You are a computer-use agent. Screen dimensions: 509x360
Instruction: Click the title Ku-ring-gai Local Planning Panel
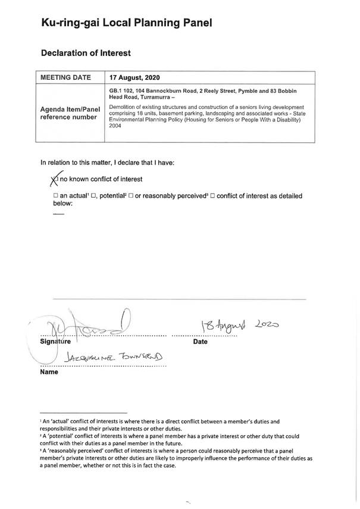click(126, 23)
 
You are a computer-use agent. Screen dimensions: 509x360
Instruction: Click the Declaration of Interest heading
click(86, 54)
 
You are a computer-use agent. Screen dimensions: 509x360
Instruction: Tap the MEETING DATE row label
click(65, 77)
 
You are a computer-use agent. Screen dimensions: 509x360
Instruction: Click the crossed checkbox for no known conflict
click(55, 178)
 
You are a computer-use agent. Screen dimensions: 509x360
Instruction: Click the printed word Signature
click(55, 342)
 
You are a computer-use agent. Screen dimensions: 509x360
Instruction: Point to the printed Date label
click(201, 342)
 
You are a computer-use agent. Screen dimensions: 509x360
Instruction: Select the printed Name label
click(49, 372)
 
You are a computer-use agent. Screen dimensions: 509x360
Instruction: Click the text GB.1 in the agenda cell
click(116, 90)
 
